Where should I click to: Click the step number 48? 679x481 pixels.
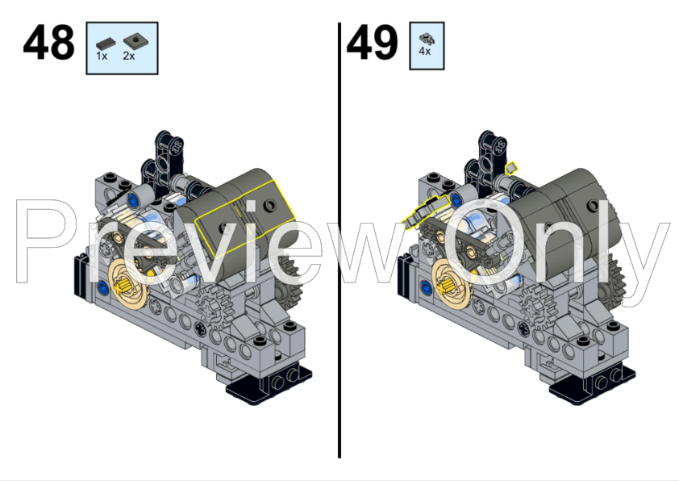48,44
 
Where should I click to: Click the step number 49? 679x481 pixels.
372,44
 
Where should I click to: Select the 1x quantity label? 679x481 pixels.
102,56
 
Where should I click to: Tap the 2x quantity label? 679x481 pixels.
129,56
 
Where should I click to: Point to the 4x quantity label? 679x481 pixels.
425,51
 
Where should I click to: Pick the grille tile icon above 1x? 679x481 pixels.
104,43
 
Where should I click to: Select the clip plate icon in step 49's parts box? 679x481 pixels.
426,37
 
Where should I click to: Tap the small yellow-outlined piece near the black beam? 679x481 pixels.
511,168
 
